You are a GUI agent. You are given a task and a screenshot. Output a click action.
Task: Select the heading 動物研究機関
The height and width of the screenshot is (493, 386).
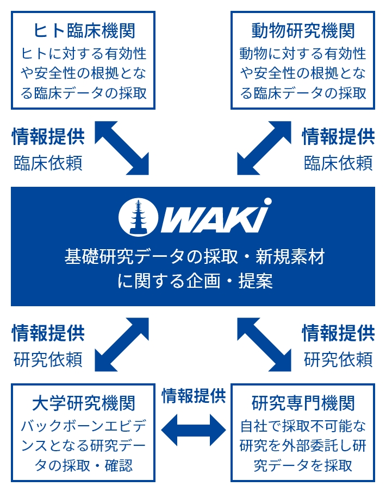tap(303, 30)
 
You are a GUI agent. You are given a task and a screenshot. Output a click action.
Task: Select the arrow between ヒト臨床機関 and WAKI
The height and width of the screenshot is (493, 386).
tap(122, 148)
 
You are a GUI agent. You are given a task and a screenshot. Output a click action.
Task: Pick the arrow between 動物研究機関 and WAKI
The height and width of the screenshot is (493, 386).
tap(264, 148)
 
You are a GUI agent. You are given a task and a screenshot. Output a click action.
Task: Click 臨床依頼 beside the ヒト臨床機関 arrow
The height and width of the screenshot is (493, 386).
tap(48, 163)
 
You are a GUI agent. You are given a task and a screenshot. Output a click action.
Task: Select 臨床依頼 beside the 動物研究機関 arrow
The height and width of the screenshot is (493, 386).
tap(338, 163)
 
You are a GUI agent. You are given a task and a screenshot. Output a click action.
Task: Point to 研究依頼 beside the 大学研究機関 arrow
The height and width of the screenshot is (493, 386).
tap(48, 359)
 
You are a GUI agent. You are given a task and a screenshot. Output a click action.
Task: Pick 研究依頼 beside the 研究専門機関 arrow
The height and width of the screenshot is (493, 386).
tap(338, 359)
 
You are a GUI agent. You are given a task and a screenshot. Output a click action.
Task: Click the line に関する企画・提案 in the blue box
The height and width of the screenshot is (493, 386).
tap(195, 281)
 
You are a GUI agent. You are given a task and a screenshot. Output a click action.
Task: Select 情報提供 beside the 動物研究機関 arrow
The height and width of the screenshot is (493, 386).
tap(338, 136)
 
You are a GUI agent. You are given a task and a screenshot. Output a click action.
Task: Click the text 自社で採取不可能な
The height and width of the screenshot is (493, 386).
tap(303, 426)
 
